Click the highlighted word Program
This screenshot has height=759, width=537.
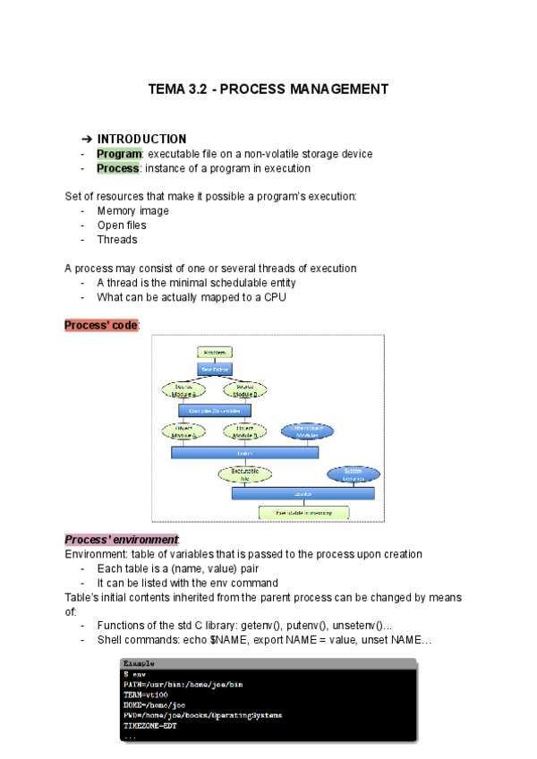119,154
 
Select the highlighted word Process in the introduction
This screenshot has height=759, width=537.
117,168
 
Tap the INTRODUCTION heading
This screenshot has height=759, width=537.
141,139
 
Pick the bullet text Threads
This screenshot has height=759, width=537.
117,240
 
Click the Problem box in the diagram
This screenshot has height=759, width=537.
215,353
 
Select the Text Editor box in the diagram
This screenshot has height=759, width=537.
215,368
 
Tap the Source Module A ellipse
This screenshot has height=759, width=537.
183,389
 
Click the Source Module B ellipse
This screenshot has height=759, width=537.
245,389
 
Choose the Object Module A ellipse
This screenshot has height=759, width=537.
183,431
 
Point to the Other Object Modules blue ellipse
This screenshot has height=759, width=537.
307,431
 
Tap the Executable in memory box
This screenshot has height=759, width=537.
303,513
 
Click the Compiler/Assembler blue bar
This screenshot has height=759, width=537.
215,410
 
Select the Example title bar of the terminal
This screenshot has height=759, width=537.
268,663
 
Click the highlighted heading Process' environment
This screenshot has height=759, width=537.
121,540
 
